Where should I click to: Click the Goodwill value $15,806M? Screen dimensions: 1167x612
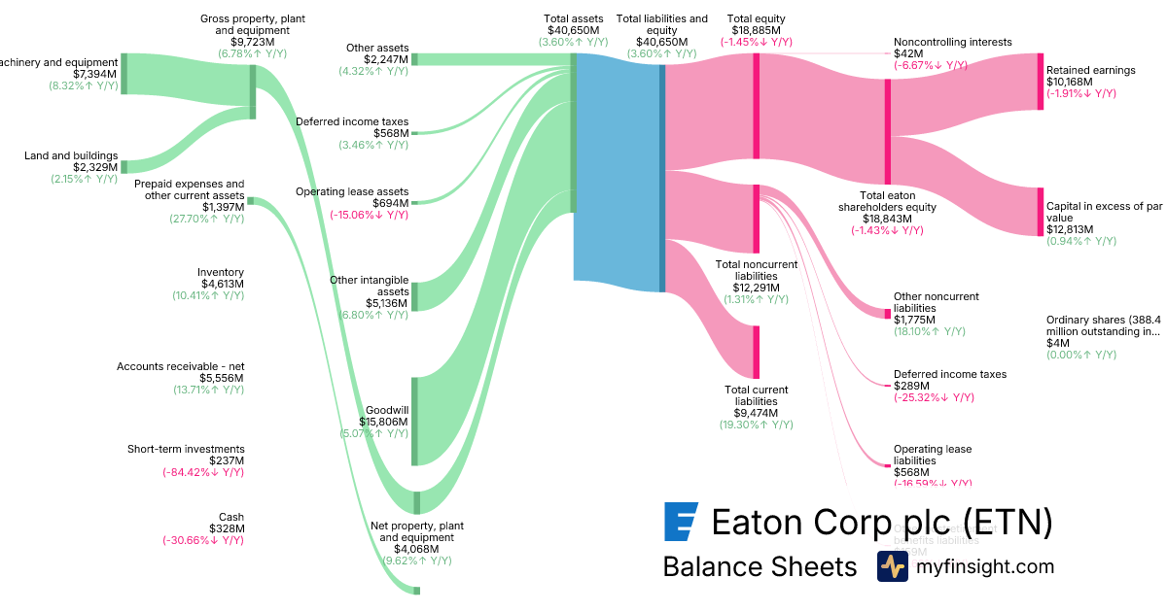coord(383,423)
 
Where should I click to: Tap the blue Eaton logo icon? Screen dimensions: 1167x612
coord(679,522)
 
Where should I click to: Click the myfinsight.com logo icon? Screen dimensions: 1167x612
coord(892,566)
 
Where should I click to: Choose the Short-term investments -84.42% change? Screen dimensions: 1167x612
coord(203,472)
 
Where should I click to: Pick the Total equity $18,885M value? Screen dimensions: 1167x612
coord(756,30)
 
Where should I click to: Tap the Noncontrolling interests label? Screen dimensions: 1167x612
coord(952,43)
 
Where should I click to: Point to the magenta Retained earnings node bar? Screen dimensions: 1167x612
coord(1040,82)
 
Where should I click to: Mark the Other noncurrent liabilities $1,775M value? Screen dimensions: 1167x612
coord(914,320)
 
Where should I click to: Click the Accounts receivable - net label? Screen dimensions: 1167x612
coord(180,366)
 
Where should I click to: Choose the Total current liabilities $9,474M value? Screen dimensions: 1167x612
coord(756,413)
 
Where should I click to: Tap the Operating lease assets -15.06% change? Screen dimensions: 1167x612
coord(369,215)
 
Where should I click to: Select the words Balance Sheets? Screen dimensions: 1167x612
coord(760,566)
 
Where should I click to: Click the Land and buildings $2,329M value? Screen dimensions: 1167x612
coord(93,167)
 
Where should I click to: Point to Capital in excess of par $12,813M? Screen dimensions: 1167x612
coord(1070,229)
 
